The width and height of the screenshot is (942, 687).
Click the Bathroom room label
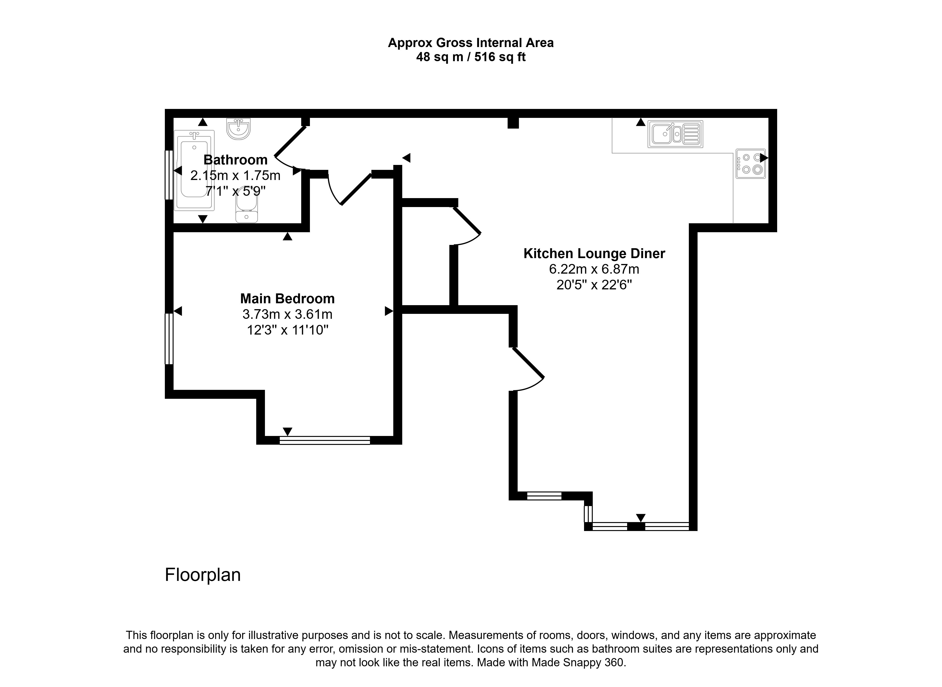pyautogui.click(x=235, y=160)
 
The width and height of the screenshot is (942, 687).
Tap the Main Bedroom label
pyautogui.click(x=287, y=299)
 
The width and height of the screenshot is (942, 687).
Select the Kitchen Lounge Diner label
pyautogui.click(x=594, y=253)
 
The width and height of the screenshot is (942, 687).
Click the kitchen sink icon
pyautogui.click(x=675, y=134)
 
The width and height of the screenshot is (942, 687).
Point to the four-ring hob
pyautogui.click(x=751, y=164)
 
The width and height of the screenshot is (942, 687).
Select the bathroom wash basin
pyautogui.click(x=239, y=128)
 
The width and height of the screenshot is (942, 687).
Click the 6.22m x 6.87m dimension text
pyautogui.click(x=594, y=269)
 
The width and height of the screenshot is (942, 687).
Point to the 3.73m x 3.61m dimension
pyautogui.click(x=287, y=314)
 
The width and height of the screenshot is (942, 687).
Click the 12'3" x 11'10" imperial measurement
pyautogui.click(x=287, y=330)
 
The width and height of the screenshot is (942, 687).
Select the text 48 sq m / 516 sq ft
pyautogui.click(x=471, y=57)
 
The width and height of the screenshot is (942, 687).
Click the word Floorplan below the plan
pyautogui.click(x=203, y=575)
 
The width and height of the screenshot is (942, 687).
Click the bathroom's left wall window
pyautogui.click(x=169, y=175)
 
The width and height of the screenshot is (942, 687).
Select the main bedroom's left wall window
pyautogui.click(x=169, y=339)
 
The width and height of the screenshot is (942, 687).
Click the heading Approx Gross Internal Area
pyautogui.click(x=471, y=43)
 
